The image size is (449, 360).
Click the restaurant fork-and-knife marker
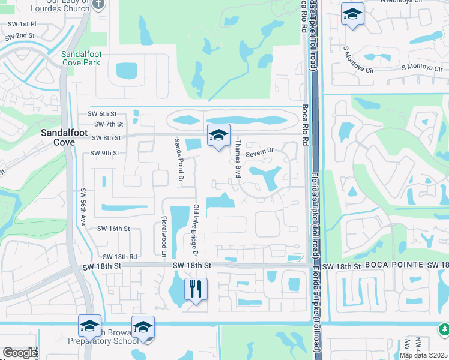point(196,289)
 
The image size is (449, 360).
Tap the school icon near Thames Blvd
point(218,136)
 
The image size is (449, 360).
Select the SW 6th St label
point(101,114)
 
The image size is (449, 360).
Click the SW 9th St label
point(104,153)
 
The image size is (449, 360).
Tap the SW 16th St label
point(114,229)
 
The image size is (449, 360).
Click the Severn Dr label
point(259,149)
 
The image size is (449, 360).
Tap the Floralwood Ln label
point(163,236)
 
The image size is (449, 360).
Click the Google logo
point(20,353)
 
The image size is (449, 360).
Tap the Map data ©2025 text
point(423,355)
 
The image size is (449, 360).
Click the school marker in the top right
point(352,14)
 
